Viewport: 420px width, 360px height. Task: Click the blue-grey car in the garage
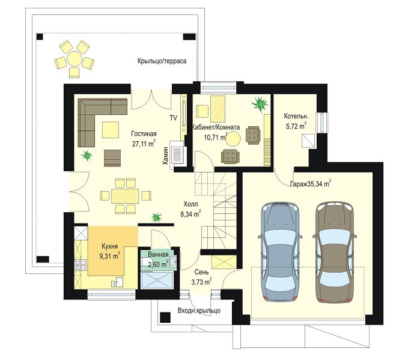(x=280, y=252)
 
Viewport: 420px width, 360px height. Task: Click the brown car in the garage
(x=335, y=252)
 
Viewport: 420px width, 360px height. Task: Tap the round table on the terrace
(x=75, y=59)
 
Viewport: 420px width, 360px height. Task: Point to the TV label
(x=173, y=118)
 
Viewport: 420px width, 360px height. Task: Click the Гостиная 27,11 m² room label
(x=144, y=139)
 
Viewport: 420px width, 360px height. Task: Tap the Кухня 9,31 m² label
(x=109, y=251)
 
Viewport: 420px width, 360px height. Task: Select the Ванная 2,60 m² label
(x=158, y=260)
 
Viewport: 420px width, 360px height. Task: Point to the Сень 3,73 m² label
(x=201, y=277)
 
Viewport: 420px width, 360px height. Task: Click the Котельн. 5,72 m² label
(x=296, y=121)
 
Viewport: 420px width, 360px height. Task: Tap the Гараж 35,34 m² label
(x=311, y=184)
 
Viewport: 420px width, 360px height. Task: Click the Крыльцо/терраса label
(x=162, y=61)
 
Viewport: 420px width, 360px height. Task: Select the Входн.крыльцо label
(x=199, y=311)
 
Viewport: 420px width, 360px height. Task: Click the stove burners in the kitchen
(x=81, y=265)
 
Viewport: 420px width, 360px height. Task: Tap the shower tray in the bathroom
(x=157, y=280)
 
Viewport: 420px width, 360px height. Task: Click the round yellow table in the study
(x=233, y=138)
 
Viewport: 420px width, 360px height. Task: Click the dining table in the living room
(x=125, y=196)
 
